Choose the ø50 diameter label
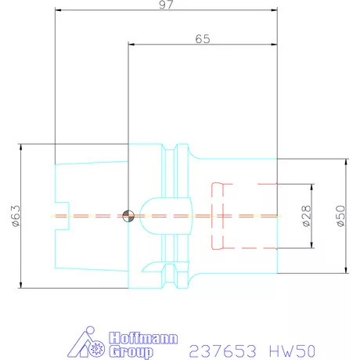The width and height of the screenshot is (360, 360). click(340, 216)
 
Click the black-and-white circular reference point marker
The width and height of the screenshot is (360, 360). click(128, 215)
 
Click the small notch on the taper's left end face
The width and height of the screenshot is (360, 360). click(61, 215)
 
